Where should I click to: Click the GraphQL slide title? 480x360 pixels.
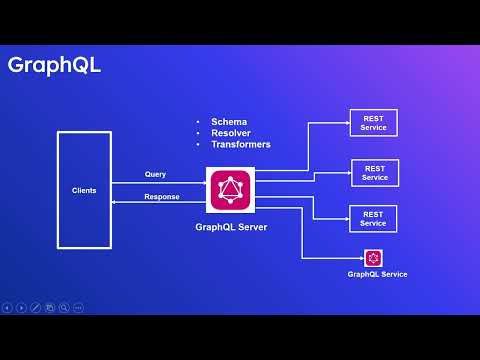[54, 66]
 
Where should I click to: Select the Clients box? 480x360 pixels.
[84, 189]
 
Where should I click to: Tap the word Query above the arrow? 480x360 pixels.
[155, 174]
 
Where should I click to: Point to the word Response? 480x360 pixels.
[162, 197]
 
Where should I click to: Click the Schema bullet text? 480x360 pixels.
[228, 122]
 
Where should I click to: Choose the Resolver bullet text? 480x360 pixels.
[231, 133]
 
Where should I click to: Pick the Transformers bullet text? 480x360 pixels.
[240, 144]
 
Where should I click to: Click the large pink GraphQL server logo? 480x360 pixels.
[231, 191]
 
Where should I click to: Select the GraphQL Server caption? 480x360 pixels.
[231, 227]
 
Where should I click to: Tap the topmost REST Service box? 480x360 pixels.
[373, 124]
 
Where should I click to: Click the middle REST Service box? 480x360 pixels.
[375, 172]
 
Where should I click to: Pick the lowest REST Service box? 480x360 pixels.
[373, 218]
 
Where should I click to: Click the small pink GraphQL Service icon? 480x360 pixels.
[373, 257]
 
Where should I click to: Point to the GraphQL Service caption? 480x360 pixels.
[377, 274]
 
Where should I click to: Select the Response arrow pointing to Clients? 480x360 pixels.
[150, 204]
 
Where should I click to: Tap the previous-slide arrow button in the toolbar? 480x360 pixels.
[7, 307]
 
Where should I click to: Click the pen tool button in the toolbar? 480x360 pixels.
[36, 307]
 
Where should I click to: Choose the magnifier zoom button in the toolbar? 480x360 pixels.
[64, 307]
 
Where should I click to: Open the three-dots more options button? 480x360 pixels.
[78, 307]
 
